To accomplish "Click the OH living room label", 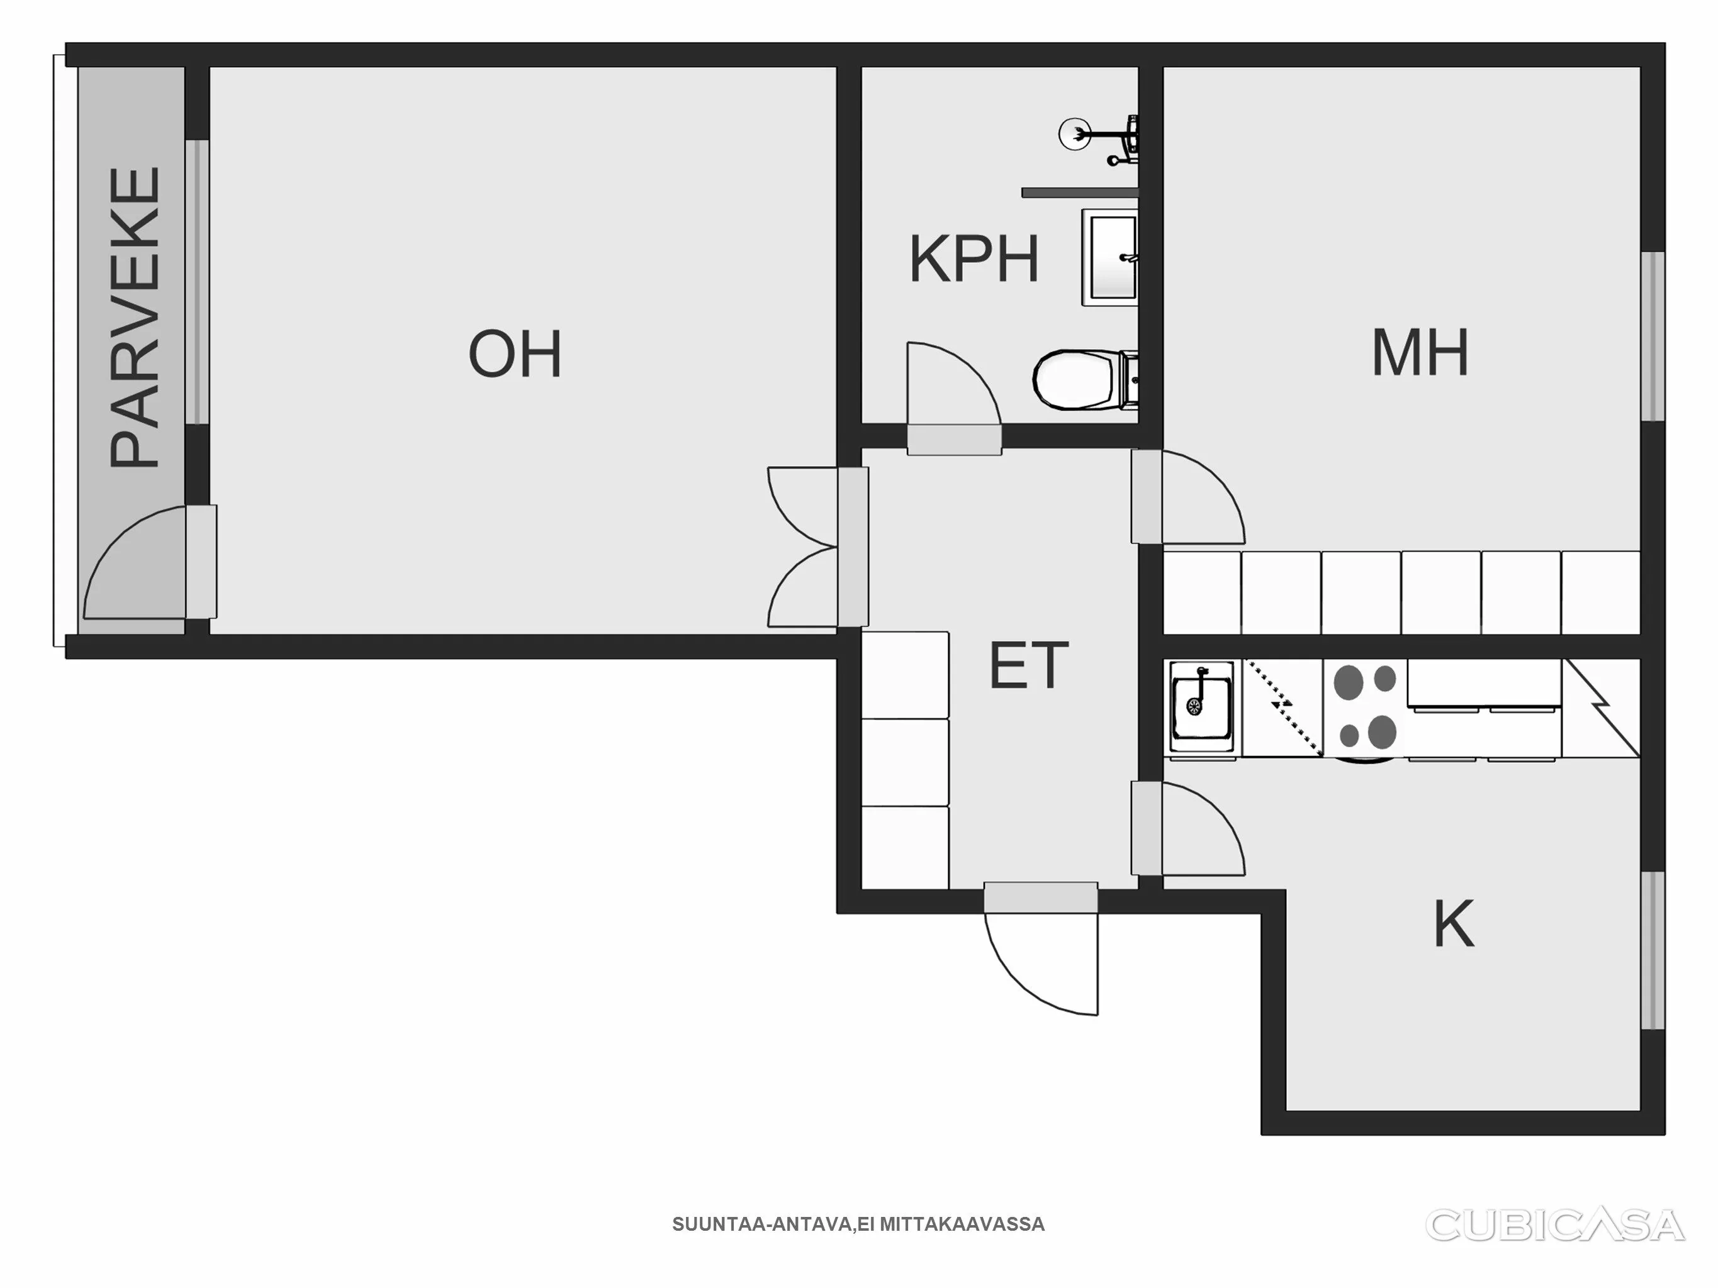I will tap(515, 354).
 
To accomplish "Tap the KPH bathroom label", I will tap(974, 260).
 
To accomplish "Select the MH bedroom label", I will tap(1420, 353).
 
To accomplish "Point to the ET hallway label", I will tap(1028, 666).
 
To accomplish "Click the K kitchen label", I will tap(1453, 924).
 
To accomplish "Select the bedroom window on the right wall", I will tap(1653, 336).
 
